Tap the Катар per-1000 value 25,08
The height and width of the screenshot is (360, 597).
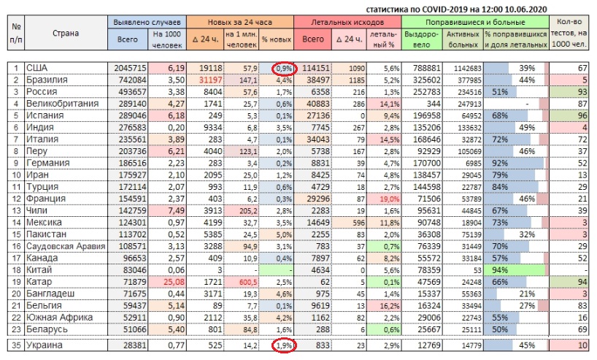tap(167, 281)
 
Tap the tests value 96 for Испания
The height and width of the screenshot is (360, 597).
tap(582, 115)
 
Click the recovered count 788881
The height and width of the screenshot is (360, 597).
tap(425, 68)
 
